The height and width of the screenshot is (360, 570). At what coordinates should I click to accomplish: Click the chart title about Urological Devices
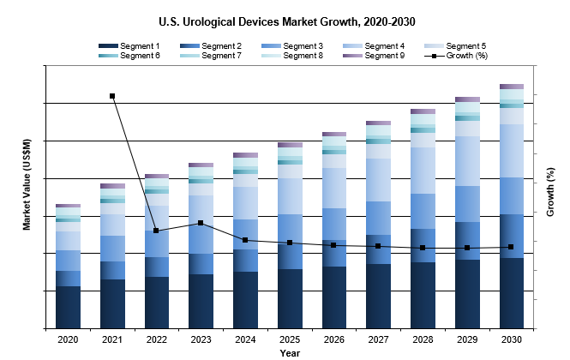pyautogui.click(x=291, y=19)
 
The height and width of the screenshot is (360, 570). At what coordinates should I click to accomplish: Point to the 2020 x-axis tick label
pyautogui.click(x=68, y=340)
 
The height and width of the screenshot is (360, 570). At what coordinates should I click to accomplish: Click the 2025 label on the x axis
pyautogui.click(x=290, y=340)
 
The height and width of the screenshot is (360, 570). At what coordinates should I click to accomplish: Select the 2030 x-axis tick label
pyautogui.click(x=512, y=340)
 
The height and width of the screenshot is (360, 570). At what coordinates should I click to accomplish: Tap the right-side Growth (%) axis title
pyautogui.click(x=550, y=196)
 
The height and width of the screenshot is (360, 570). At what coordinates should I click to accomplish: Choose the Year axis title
pyautogui.click(x=290, y=352)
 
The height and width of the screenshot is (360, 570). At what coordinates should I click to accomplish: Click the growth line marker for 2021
pyautogui.click(x=112, y=96)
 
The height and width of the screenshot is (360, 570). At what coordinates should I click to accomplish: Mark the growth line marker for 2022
pyautogui.click(x=156, y=231)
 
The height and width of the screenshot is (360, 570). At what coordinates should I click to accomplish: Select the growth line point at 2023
pyautogui.click(x=201, y=223)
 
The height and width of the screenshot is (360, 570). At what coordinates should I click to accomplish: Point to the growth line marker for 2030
pyautogui.click(x=512, y=247)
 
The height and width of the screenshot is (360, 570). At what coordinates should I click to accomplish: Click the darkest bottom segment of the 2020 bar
pyautogui.click(x=68, y=307)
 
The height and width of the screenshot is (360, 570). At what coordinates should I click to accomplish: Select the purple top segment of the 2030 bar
pyautogui.click(x=512, y=87)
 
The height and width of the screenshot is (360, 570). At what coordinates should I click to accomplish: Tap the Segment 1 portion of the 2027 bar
pyautogui.click(x=378, y=296)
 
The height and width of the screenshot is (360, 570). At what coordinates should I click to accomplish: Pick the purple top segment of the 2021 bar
pyautogui.click(x=112, y=185)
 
